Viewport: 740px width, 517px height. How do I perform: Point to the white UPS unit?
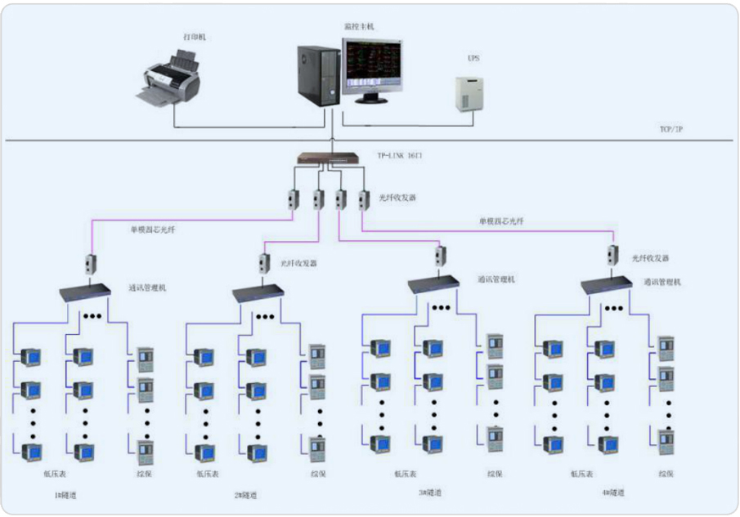pyautogui.click(x=470, y=93)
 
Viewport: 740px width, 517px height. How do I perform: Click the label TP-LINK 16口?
pyautogui.click(x=400, y=154)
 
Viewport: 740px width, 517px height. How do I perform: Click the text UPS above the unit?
pyautogui.click(x=473, y=60)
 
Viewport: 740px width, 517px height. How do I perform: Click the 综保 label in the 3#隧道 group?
pyautogui.click(x=495, y=472)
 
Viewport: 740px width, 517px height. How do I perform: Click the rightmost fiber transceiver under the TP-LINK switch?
pyautogui.click(x=363, y=198)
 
